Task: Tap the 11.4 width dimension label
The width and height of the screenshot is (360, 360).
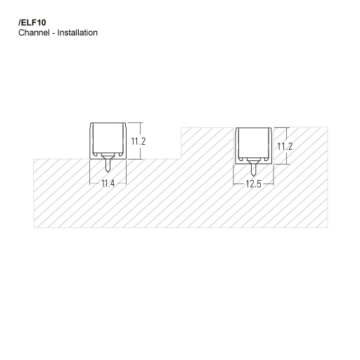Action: click(x=108, y=184)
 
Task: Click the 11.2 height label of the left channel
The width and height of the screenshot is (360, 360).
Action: click(x=139, y=141)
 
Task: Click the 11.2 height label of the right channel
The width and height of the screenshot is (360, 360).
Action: click(x=284, y=146)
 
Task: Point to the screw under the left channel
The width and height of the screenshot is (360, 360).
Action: click(x=108, y=165)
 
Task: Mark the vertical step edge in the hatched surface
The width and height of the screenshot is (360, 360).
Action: click(x=181, y=143)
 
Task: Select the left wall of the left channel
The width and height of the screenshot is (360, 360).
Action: click(x=91, y=141)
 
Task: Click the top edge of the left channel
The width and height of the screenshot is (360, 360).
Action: click(x=108, y=123)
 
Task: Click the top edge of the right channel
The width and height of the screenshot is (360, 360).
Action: click(x=253, y=129)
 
